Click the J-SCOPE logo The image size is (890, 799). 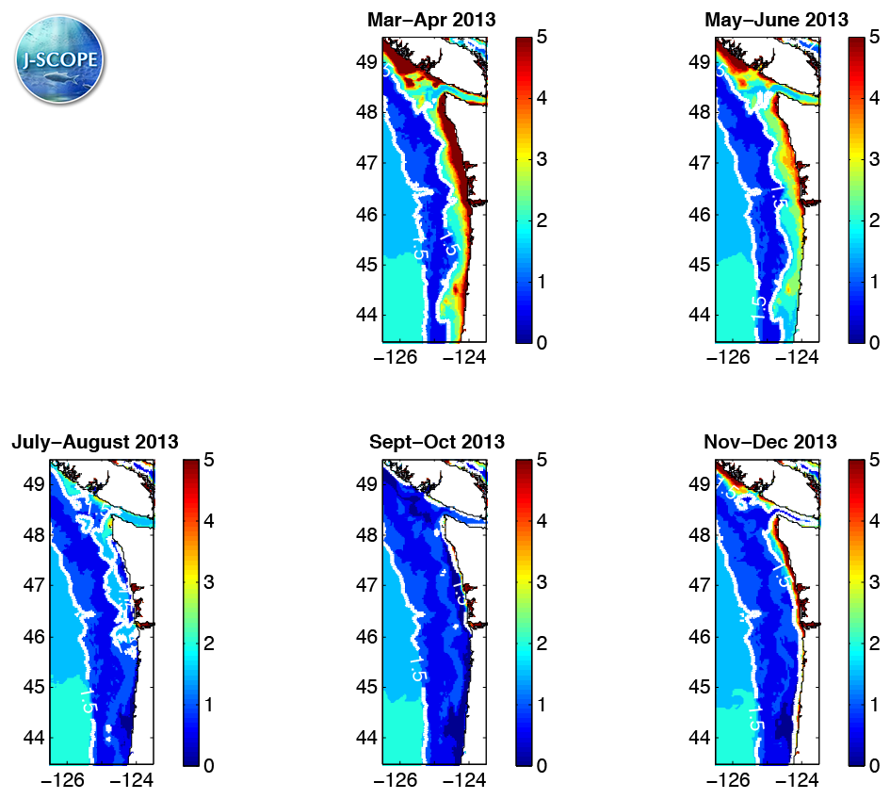coord(59,59)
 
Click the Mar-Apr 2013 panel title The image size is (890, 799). coord(432,19)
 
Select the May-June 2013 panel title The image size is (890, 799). coord(775,19)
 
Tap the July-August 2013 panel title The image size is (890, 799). coord(95,442)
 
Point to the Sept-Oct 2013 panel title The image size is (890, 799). coord(436,442)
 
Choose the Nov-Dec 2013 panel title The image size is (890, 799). coord(769,442)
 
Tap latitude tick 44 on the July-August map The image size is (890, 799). coord(35,738)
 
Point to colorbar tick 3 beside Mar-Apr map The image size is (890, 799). coord(542,159)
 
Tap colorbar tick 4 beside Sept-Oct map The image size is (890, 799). coord(542,521)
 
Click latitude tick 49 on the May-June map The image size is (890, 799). coord(700,62)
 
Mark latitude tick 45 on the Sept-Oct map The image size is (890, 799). coord(367,687)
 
